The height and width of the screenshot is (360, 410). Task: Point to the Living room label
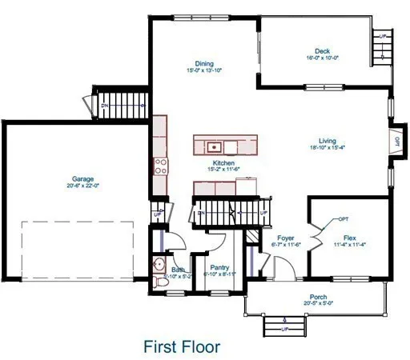[x=326, y=140]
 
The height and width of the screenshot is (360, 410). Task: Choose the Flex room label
[x=349, y=238]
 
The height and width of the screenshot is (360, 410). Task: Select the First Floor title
[x=182, y=346]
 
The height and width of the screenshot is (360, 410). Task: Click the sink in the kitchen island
[x=214, y=146]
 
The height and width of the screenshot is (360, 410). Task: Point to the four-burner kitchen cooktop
[x=160, y=167]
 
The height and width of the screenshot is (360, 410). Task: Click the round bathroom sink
[x=158, y=265]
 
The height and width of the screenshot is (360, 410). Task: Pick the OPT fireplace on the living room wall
[x=397, y=142]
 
